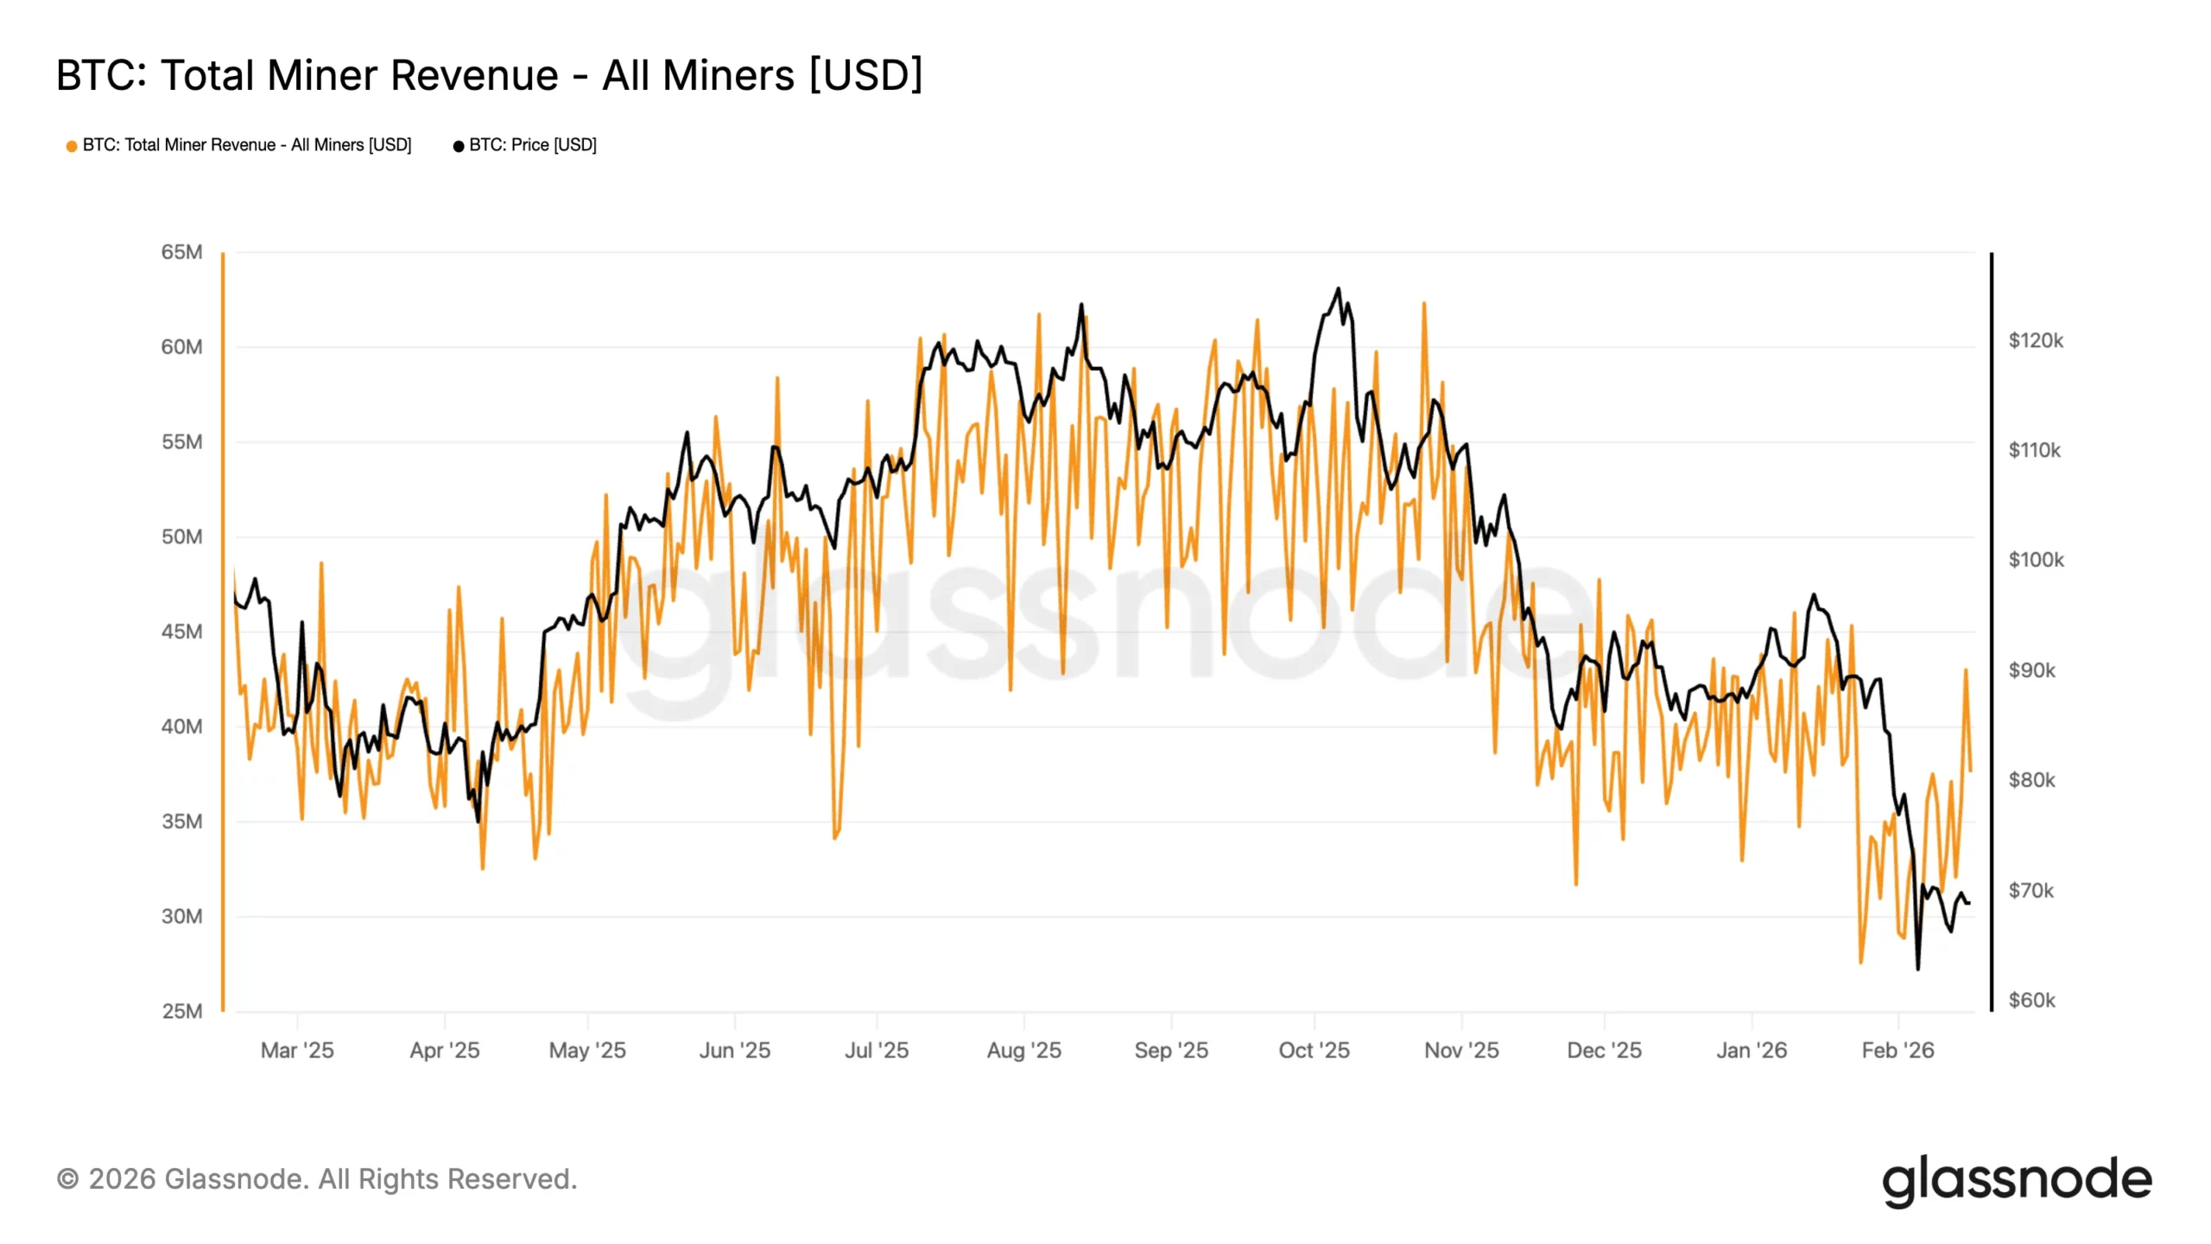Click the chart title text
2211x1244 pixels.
click(x=489, y=75)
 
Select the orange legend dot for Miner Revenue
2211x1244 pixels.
click(x=72, y=146)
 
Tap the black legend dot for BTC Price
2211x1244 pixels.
click(x=459, y=146)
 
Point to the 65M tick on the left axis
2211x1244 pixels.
click(x=181, y=252)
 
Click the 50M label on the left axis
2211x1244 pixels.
click(x=181, y=536)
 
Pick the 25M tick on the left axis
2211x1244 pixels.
click(x=181, y=1011)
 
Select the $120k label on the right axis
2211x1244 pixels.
click(x=2035, y=340)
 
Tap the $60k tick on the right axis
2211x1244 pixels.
click(x=2031, y=1000)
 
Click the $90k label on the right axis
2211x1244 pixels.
click(x=2031, y=670)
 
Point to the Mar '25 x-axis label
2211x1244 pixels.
click(x=297, y=1050)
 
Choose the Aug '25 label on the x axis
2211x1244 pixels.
click(x=1023, y=1050)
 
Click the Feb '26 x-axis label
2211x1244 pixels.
click(x=1897, y=1050)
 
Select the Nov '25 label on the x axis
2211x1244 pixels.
click(x=1461, y=1050)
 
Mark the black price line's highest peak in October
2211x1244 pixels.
click(x=1339, y=289)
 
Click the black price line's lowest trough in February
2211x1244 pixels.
click(x=1918, y=968)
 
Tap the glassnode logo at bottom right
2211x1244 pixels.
click(x=2017, y=1180)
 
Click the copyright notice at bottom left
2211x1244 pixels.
click(x=317, y=1179)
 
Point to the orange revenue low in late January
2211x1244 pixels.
click(x=1860, y=962)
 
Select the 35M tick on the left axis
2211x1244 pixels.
click(x=181, y=822)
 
